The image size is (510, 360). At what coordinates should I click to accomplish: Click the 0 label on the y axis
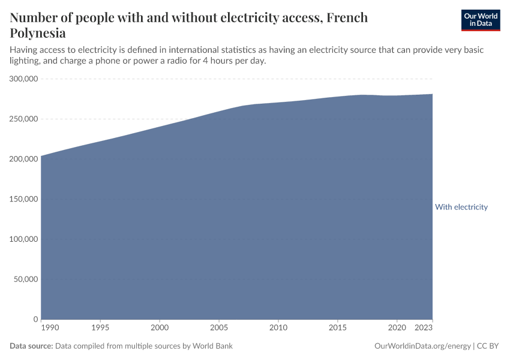point(36,319)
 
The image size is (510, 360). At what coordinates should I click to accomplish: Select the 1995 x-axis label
point(100,328)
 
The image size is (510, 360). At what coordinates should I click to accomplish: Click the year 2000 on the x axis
point(160,328)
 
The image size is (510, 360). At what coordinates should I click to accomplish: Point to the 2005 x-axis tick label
point(219,328)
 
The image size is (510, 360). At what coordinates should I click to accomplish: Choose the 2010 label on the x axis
point(278,328)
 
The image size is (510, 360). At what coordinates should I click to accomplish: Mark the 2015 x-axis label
point(337,328)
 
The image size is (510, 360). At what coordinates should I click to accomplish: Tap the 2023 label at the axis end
point(424,328)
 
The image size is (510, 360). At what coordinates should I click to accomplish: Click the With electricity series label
point(461,207)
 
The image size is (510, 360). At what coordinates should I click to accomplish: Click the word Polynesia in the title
point(38,33)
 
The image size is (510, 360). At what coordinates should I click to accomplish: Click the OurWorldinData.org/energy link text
point(422,346)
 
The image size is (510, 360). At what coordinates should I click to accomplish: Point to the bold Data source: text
point(31,346)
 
